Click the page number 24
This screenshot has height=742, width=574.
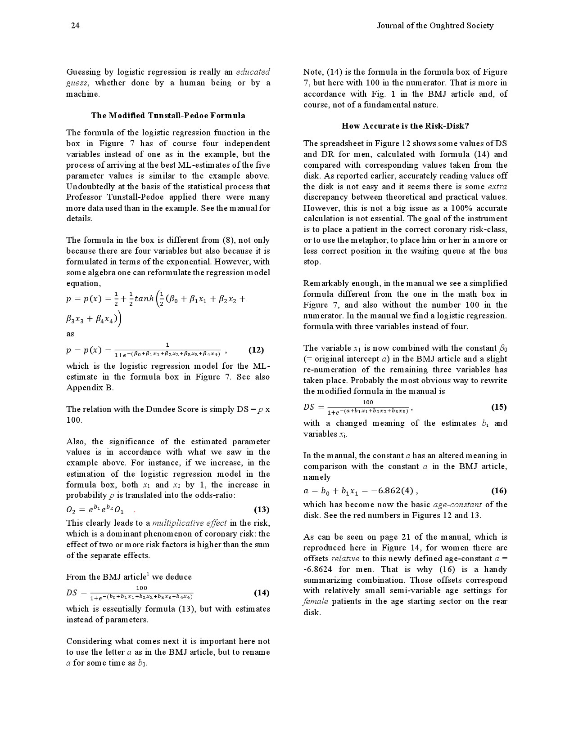point(75,26)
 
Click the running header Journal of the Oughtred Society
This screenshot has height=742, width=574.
point(435,26)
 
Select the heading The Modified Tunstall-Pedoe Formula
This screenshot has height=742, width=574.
point(168,116)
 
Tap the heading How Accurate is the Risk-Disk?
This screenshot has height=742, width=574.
point(405,126)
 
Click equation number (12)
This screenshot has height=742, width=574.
point(256,350)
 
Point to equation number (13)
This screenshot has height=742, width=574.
point(262,510)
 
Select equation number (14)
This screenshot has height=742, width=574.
point(262,593)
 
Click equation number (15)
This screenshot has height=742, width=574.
point(499,407)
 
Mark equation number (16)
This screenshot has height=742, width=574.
point(499,491)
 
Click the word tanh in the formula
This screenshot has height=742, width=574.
point(144,298)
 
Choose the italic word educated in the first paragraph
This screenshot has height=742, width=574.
point(253,72)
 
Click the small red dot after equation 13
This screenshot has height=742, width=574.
point(135,511)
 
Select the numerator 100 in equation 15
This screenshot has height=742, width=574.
point(368,402)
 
